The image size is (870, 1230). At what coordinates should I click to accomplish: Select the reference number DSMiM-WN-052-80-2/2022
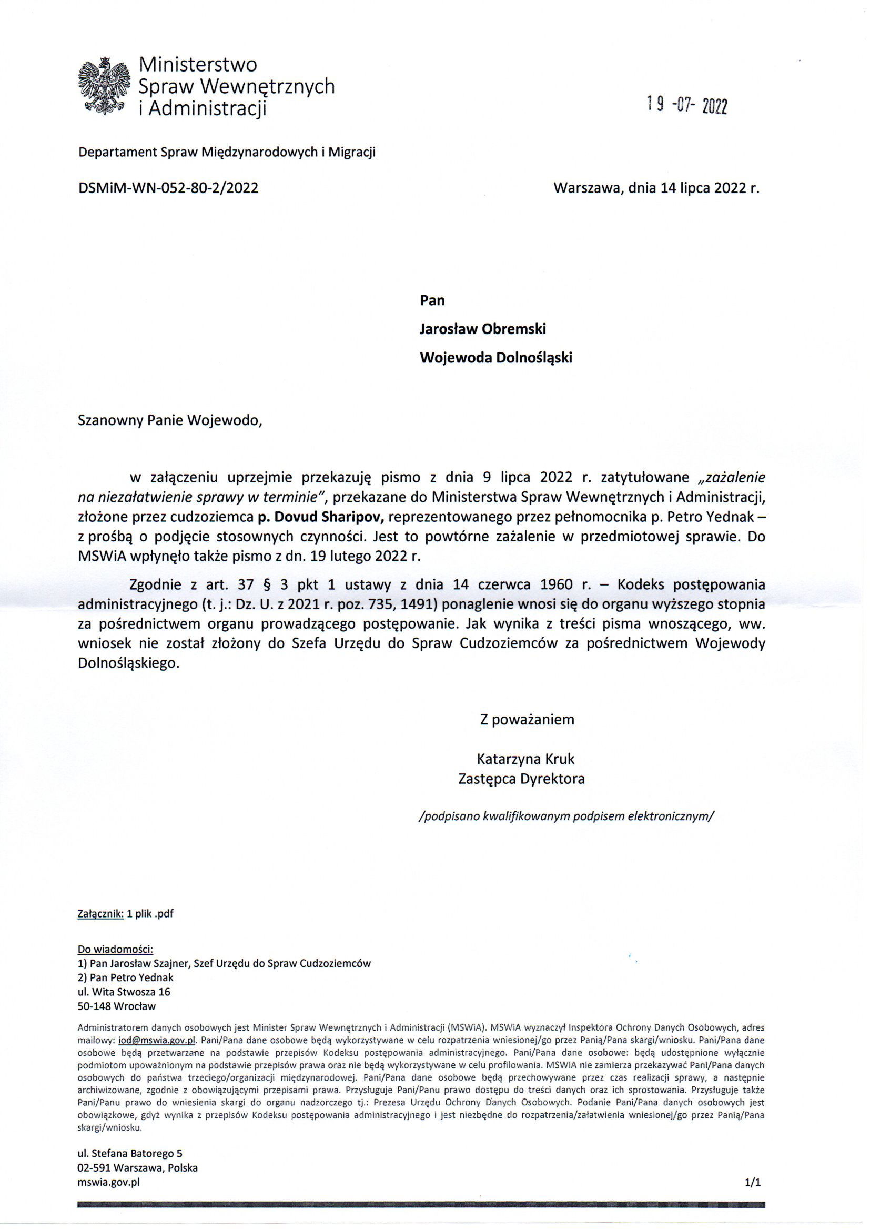[x=168, y=188]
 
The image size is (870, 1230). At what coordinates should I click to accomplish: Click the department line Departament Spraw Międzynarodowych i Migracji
[x=227, y=152]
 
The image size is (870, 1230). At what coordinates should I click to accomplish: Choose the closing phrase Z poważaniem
[x=527, y=719]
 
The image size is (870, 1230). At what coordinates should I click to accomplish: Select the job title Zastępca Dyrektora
[x=521, y=778]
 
